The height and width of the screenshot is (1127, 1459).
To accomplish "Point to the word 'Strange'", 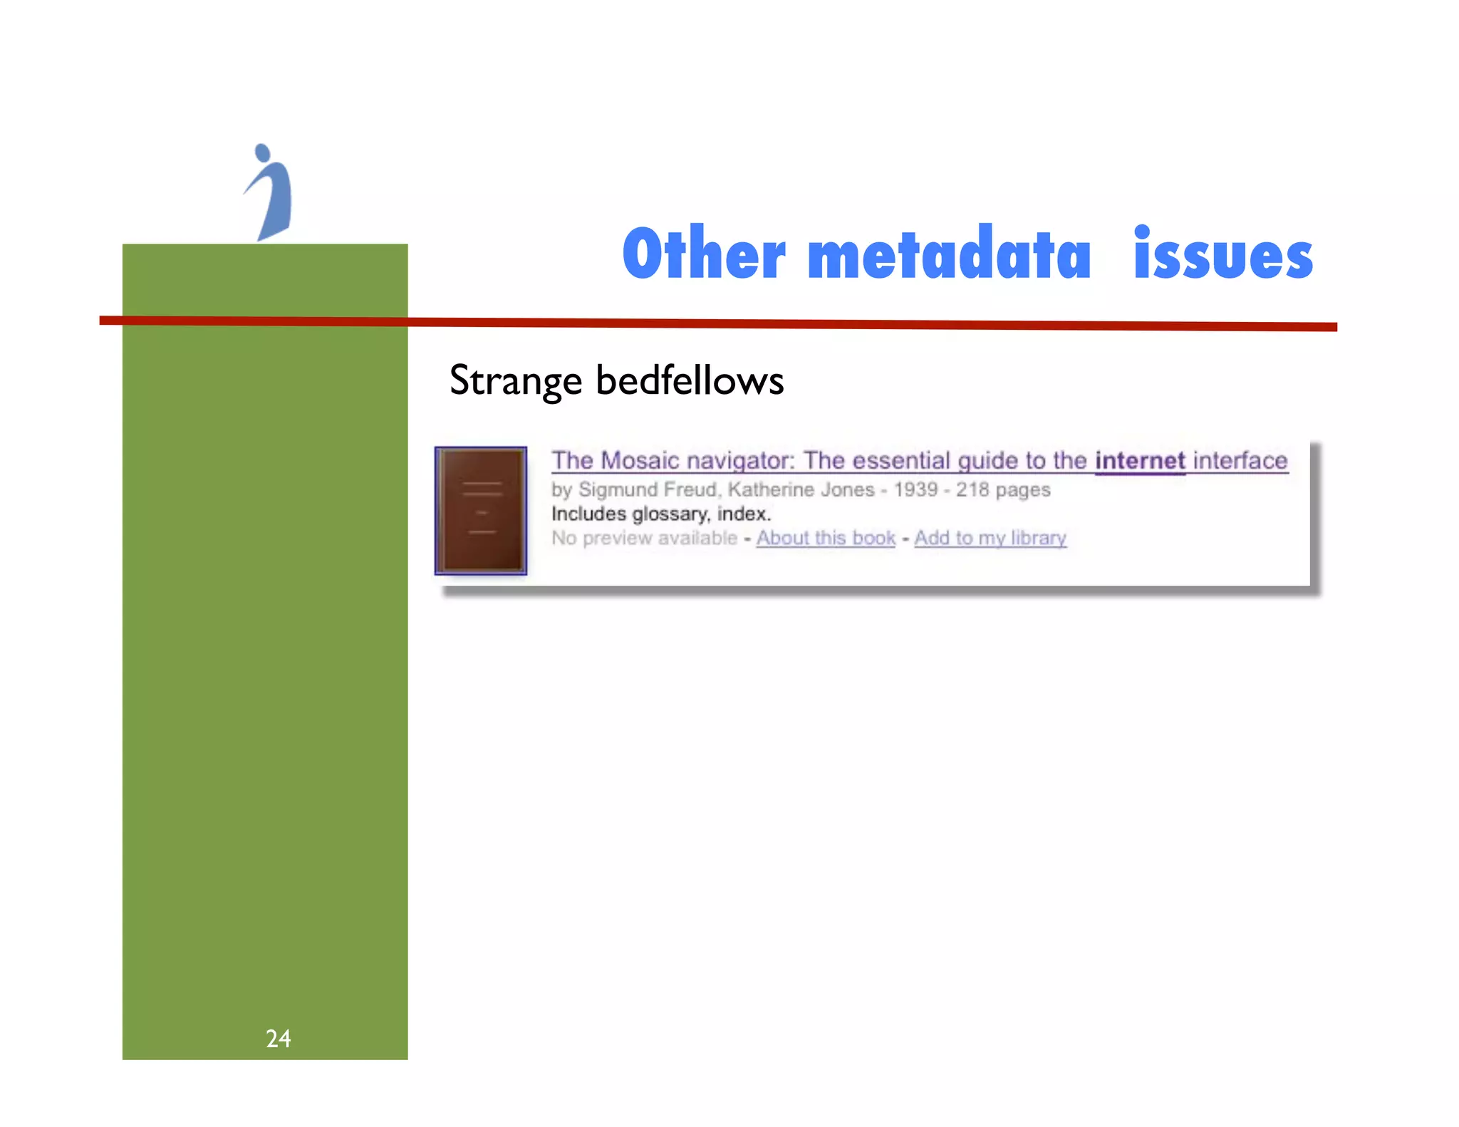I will pos(516,380).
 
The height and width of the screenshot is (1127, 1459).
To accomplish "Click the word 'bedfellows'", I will pos(689,380).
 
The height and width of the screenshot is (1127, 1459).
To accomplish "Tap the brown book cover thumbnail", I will pos(481,510).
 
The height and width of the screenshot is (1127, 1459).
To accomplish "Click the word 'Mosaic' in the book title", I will pos(639,461).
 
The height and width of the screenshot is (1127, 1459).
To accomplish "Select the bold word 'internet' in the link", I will pos(1140,461).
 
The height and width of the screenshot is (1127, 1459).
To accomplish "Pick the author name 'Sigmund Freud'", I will pos(646,490).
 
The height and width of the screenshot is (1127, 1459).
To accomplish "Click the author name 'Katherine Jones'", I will pos(801,490).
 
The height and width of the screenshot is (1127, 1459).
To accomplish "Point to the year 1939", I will pos(915,490).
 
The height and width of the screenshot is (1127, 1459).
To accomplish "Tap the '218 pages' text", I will pos(1003,490).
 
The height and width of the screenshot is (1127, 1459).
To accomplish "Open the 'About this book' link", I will pos(826,538).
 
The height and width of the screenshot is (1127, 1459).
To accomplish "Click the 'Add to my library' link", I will pos(990,538).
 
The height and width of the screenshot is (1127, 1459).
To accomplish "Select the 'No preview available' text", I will pos(644,538).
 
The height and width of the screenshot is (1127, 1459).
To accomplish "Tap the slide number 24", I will pos(278,1039).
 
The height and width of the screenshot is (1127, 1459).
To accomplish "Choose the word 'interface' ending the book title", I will pos(1240,461).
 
